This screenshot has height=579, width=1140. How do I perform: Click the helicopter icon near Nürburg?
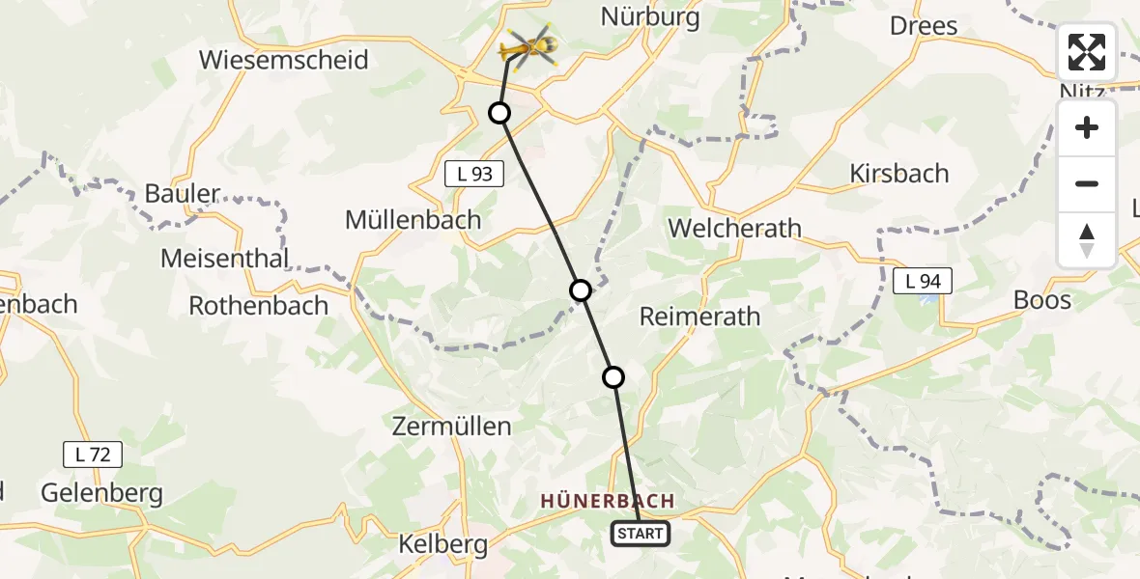(x=528, y=45)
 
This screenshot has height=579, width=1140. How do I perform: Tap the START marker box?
(x=640, y=534)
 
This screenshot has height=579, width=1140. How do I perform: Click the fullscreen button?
(x=1087, y=52)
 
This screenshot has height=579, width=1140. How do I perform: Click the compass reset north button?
(x=1087, y=240)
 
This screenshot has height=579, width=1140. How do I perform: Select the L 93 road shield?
(x=474, y=175)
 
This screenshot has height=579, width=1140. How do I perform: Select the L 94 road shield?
(x=923, y=281)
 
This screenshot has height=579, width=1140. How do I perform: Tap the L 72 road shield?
(x=93, y=454)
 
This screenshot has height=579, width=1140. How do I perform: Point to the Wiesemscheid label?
(x=283, y=60)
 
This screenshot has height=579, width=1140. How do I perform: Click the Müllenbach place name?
(x=413, y=220)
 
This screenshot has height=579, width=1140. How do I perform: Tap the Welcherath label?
(x=734, y=229)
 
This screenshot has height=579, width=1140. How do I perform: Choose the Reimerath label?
(x=699, y=317)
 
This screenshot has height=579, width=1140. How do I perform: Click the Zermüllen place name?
(x=451, y=426)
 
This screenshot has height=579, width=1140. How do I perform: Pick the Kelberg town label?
(x=442, y=544)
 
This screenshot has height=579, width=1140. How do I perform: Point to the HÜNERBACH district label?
(x=607, y=501)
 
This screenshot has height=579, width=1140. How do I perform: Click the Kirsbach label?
(x=898, y=174)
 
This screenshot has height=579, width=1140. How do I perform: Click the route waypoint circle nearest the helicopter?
(x=499, y=113)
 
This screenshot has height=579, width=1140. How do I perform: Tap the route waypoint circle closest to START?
(x=613, y=377)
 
